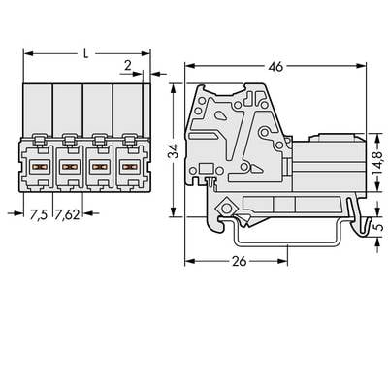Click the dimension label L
(x=85, y=53)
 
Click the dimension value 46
(x=275, y=67)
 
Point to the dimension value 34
(x=175, y=150)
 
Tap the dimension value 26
(x=240, y=261)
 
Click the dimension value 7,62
(x=67, y=214)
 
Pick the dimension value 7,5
(x=39, y=214)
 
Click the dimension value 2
(x=128, y=66)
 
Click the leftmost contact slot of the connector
(x=39, y=167)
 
